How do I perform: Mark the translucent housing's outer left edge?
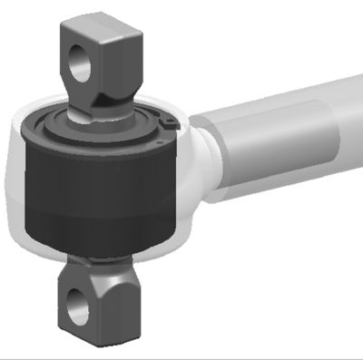click(6, 181)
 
